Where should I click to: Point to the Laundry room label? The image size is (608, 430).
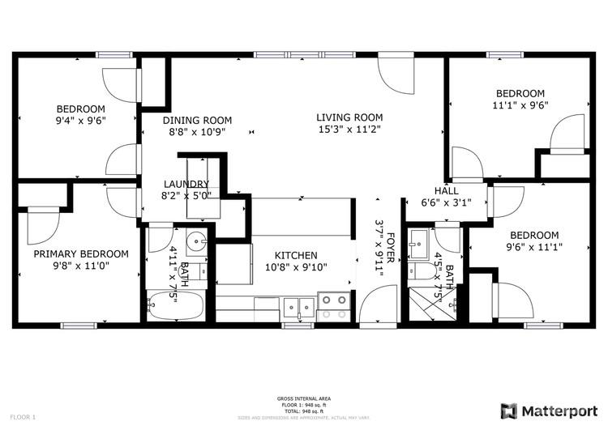pos(186,184)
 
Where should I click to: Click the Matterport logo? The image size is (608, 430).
pos(547,409)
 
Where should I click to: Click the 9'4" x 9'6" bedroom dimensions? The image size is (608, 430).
pos(80,121)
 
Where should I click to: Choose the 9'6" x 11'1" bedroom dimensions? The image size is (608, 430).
pos(534,247)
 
